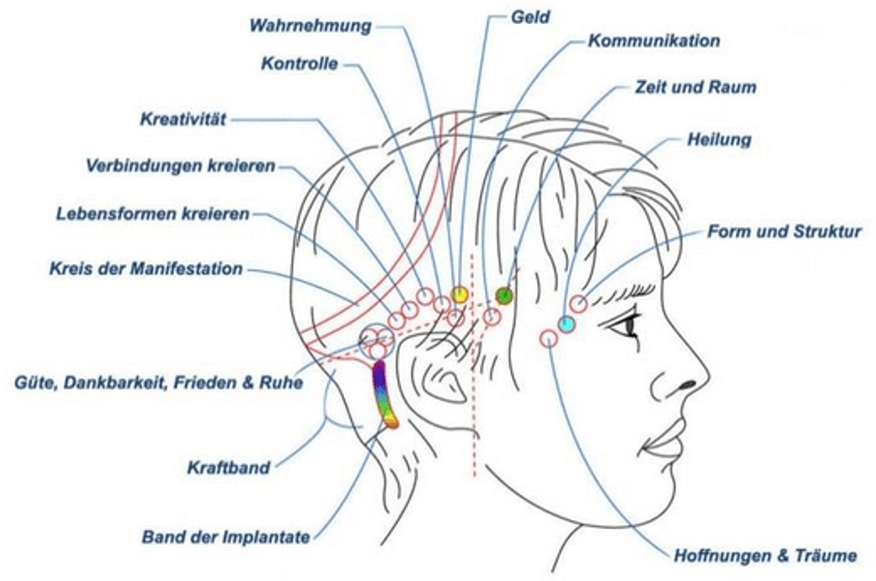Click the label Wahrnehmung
tap(310, 26)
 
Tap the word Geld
tap(530, 17)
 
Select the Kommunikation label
tap(654, 41)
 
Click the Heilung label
tap(719, 140)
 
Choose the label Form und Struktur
tap(784, 232)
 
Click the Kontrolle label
tap(300, 64)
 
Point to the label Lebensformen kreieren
tap(153, 214)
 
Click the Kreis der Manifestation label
tap(146, 269)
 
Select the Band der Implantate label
tap(226, 537)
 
